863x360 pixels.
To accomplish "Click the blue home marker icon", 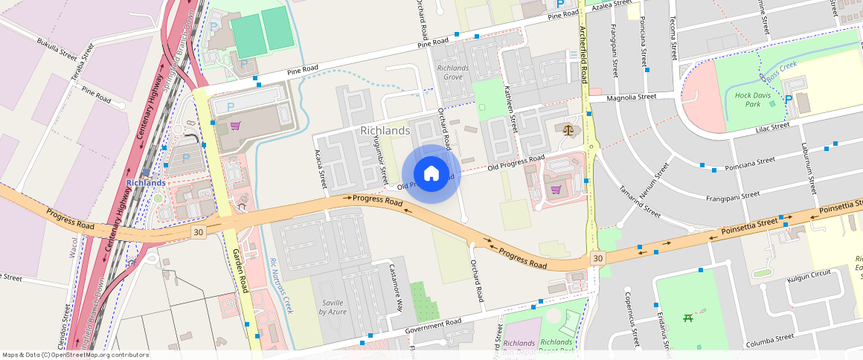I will tap(431, 173).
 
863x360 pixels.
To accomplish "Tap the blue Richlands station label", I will tap(145, 182).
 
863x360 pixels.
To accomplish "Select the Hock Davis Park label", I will tap(753, 100).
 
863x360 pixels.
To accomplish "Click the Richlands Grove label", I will tap(453, 72).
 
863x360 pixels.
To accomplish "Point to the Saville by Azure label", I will tap(333, 307).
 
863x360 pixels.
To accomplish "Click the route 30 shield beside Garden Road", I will tap(197, 233).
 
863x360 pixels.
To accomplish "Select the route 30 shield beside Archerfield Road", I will tap(597, 257).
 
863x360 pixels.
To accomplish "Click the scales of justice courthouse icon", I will tap(570, 129).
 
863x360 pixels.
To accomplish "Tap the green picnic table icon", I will tap(688, 319).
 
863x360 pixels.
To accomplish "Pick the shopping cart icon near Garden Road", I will tap(235, 126).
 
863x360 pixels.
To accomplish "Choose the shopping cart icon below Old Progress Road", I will tap(556, 189).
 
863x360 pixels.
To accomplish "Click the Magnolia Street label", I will tap(632, 97).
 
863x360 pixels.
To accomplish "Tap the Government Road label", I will tap(434, 326).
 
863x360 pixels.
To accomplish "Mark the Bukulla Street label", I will tap(57, 47).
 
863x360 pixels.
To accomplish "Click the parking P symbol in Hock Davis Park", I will tap(788, 99).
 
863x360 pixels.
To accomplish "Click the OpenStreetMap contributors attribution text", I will tap(76, 355).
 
